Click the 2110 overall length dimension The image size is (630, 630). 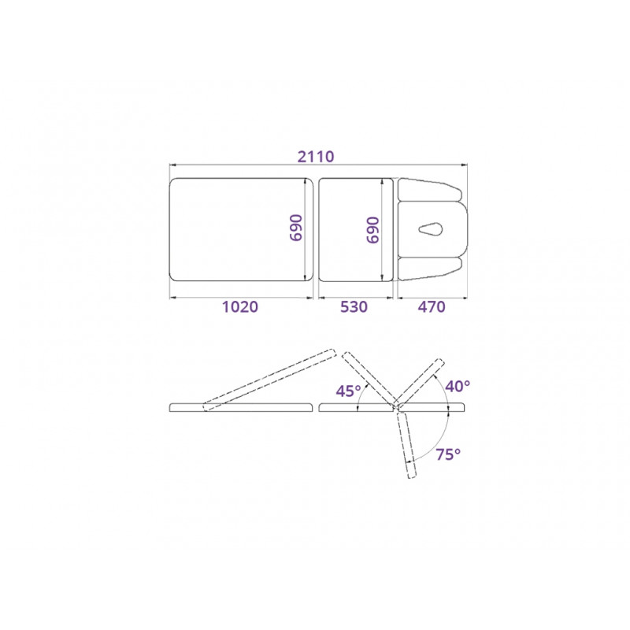tap(316, 156)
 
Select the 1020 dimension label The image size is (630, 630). tap(240, 307)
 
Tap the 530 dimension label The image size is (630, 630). tap(354, 307)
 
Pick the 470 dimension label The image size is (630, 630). tap(432, 307)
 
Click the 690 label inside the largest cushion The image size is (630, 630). tap(296, 228)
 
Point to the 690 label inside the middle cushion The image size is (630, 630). tap(372, 230)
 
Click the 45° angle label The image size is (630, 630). tap(348, 391)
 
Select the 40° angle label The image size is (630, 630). tap(458, 386)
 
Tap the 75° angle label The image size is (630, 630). tap(448, 454)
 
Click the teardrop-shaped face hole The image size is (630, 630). tap(431, 230)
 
